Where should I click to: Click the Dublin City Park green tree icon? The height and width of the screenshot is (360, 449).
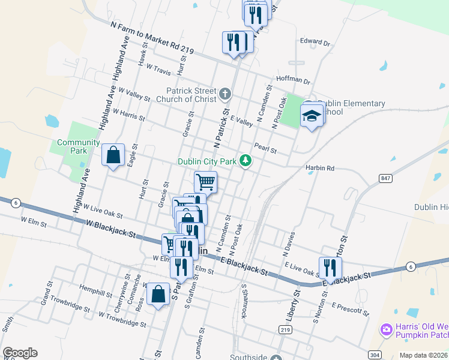[x=245, y=160]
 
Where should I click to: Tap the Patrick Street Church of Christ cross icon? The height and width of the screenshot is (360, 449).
[x=224, y=94]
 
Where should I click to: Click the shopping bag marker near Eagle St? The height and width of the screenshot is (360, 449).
[x=113, y=155]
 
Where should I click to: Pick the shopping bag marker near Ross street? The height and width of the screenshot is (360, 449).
[x=158, y=295]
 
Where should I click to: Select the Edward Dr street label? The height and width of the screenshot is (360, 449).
[x=315, y=43]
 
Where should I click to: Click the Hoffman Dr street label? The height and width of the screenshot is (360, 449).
[x=293, y=80]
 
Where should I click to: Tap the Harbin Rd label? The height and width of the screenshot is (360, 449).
[x=319, y=168]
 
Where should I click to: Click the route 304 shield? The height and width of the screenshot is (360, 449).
[x=374, y=355]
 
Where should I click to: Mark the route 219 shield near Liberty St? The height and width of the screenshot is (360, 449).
[x=285, y=329]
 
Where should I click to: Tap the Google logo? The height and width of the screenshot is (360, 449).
[x=20, y=353]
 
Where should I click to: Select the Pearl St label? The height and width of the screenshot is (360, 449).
[x=265, y=149]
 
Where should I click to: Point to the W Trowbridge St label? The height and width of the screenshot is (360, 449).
[x=122, y=319]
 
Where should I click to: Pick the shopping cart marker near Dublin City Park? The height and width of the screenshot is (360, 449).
[x=205, y=181]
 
